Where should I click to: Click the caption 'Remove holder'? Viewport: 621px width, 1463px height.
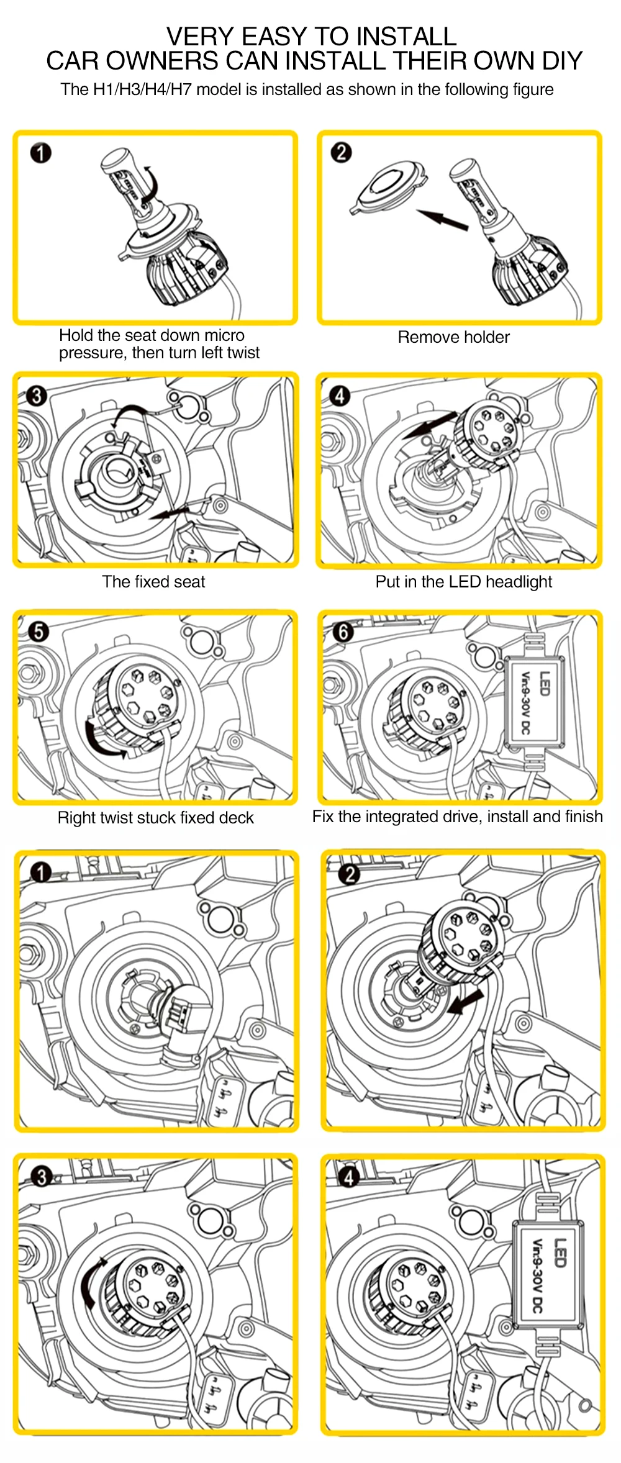coord(453,337)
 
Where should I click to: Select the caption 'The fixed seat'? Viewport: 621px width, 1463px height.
coord(153,582)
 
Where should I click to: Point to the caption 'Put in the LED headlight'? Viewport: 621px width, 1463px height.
coord(463,582)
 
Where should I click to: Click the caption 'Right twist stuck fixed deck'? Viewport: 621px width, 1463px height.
coord(155,818)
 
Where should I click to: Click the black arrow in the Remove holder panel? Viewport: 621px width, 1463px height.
coord(442,219)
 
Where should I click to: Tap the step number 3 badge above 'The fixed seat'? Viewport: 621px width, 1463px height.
coord(37,395)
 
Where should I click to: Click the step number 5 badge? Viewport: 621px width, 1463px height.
coord(39,632)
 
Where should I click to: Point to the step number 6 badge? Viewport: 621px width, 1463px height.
coord(343,632)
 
